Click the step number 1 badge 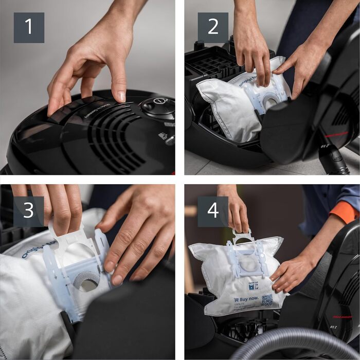point(28,28)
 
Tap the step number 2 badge point(213,28)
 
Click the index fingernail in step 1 point(121,97)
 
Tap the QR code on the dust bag point(266,300)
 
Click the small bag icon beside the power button point(163,136)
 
